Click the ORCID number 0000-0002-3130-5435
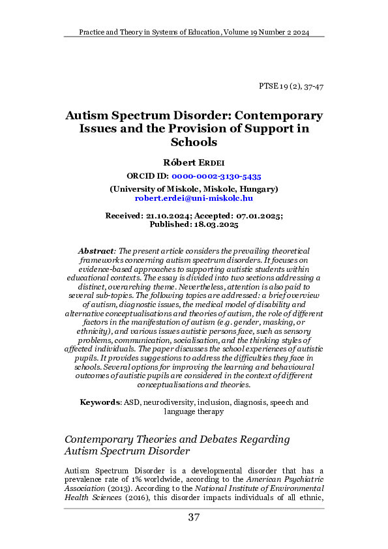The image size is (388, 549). [x=217, y=176]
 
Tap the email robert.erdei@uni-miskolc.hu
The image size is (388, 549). [x=194, y=197]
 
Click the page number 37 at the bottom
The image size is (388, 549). [x=194, y=518]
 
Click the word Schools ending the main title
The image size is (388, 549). [x=193, y=142]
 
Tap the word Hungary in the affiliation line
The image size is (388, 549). [x=256, y=188]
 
